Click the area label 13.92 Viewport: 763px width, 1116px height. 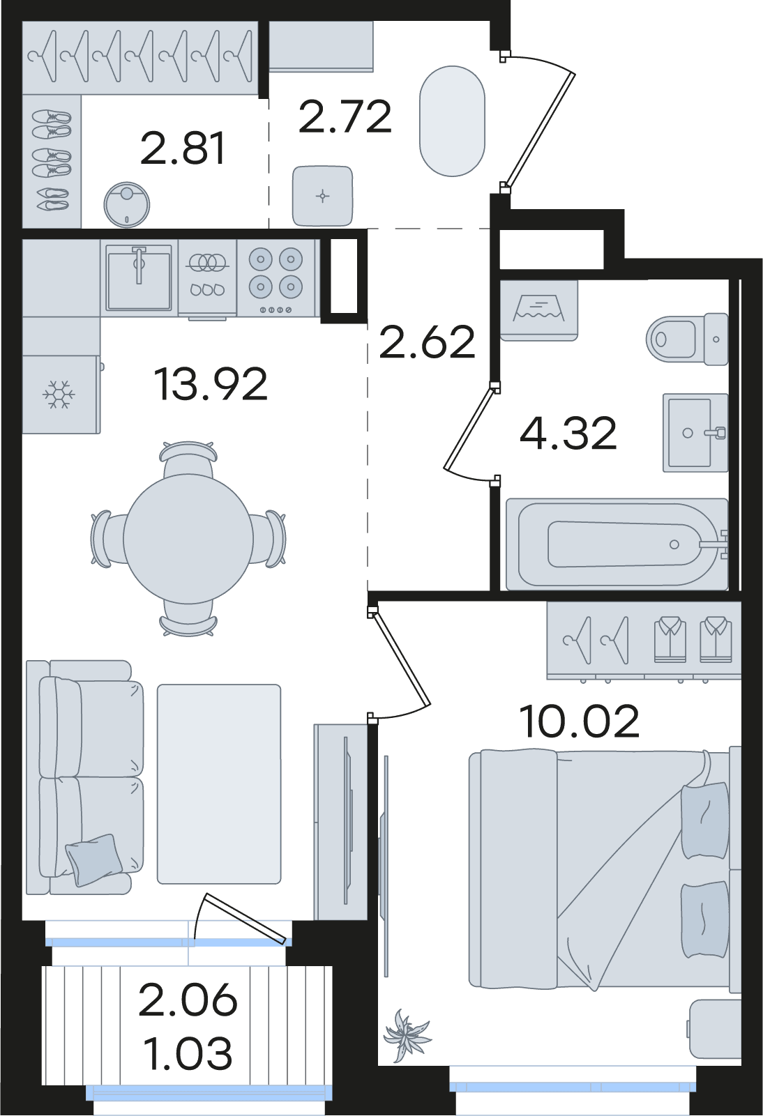pyautogui.click(x=211, y=383)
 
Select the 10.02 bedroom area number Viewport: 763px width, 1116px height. pyautogui.click(x=579, y=721)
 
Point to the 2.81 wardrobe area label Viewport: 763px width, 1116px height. pyautogui.click(x=183, y=148)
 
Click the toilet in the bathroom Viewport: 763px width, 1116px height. pyautogui.click(x=687, y=339)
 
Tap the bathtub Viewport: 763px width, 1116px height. pyautogui.click(x=617, y=544)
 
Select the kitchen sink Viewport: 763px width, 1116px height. pyautogui.click(x=139, y=277)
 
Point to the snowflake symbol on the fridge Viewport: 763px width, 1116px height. pyautogui.click(x=59, y=395)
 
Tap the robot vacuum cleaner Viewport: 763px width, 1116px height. pyautogui.click(x=126, y=204)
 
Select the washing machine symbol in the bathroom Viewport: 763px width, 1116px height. pyautogui.click(x=538, y=310)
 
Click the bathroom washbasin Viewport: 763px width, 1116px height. pyautogui.click(x=695, y=432)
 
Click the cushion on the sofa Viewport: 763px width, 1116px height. pyautogui.click(x=94, y=859)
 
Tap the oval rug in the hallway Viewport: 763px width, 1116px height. pyautogui.click(x=452, y=121)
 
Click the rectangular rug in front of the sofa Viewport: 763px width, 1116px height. pyautogui.click(x=219, y=784)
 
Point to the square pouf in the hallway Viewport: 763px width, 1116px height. pyautogui.click(x=322, y=196)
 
